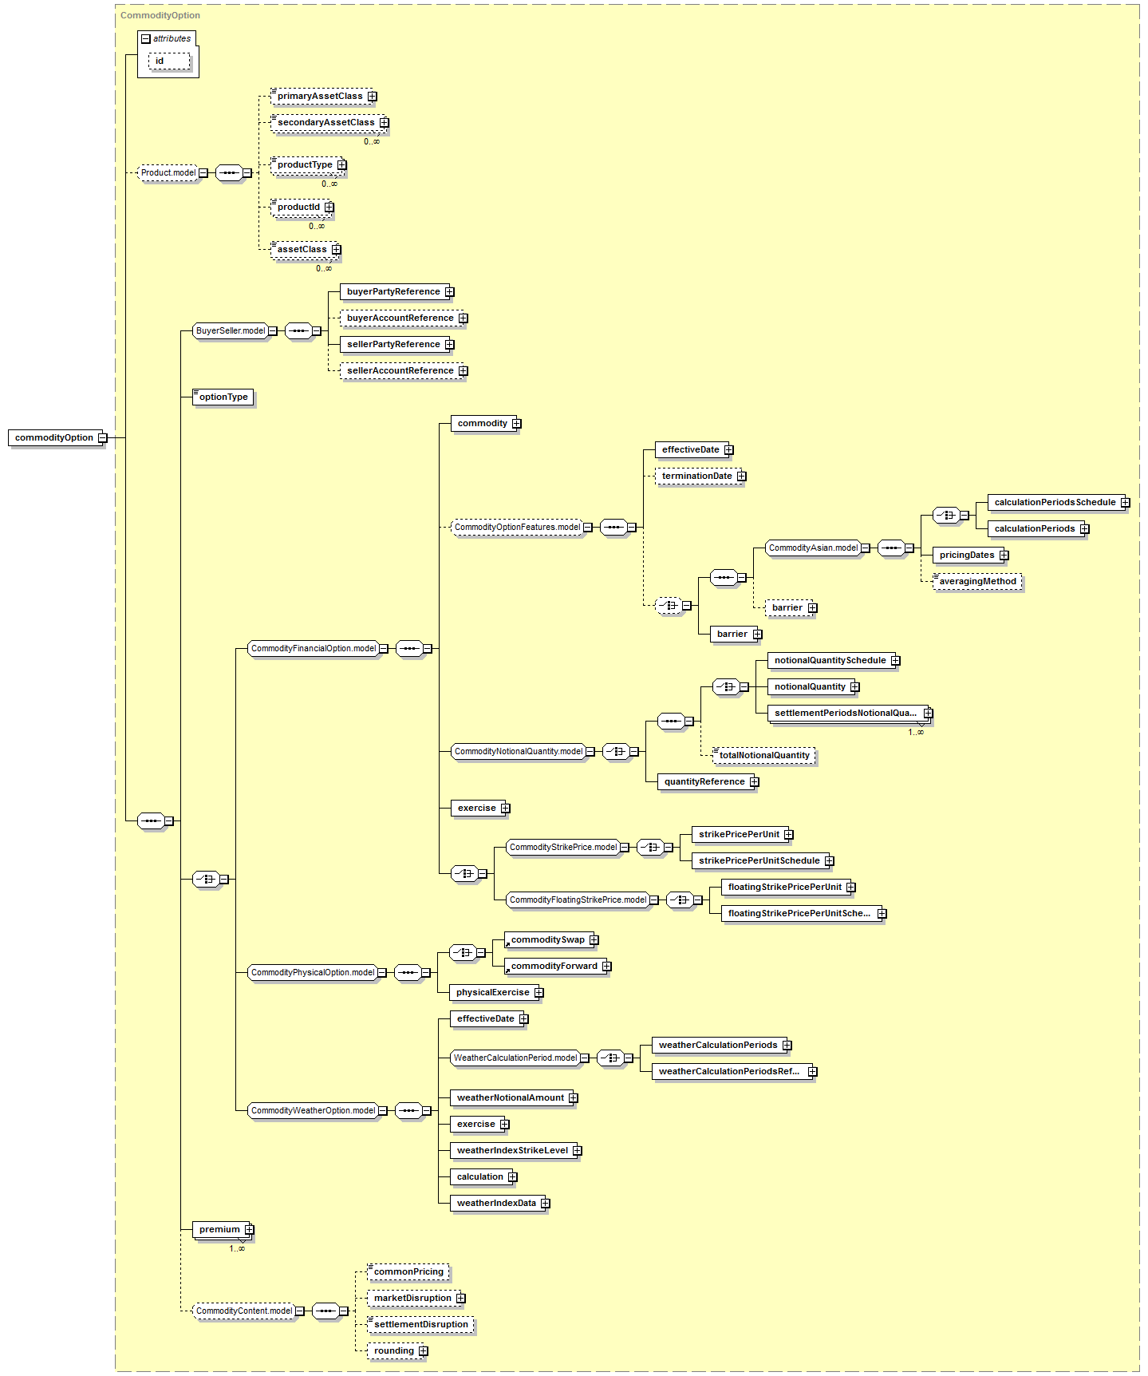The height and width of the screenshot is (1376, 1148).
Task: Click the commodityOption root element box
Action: point(54,437)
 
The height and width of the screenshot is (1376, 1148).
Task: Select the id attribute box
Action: point(168,61)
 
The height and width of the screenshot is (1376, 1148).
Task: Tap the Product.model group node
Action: point(168,172)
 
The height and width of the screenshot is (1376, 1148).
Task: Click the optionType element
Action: point(223,397)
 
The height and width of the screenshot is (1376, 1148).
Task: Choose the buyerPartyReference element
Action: point(393,291)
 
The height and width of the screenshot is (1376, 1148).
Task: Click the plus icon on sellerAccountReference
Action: point(464,371)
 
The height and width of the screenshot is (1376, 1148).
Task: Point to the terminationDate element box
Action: point(696,476)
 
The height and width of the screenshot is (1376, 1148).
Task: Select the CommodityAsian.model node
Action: point(813,548)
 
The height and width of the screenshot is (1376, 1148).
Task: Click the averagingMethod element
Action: point(977,581)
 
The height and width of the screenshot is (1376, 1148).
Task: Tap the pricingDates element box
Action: point(967,555)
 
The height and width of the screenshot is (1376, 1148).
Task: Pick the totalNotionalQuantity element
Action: point(764,755)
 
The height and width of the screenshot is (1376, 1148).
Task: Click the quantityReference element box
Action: point(704,781)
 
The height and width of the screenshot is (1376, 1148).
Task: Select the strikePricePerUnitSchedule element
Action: point(759,860)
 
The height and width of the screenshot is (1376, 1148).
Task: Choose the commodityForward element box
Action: point(554,966)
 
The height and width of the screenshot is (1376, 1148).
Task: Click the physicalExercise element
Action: point(492,992)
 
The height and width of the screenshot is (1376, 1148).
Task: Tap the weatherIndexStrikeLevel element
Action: point(512,1150)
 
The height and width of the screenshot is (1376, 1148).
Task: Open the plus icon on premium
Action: point(250,1229)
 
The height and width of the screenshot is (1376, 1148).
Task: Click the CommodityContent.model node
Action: point(244,1311)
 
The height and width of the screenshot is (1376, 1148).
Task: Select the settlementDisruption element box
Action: point(421,1324)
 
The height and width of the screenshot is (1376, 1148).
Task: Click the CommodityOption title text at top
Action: point(160,15)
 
